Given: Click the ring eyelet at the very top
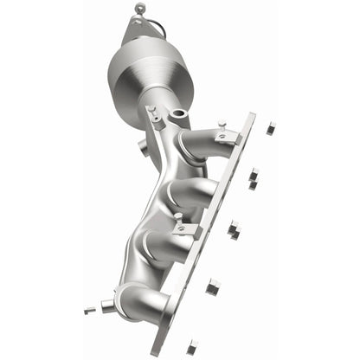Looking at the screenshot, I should click(x=139, y=9).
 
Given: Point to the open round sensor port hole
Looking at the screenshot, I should click(x=179, y=113).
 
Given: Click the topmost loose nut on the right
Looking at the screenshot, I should click(x=271, y=127).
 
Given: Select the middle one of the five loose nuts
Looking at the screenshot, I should click(x=234, y=229).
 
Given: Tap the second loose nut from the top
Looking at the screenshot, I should click(x=253, y=177).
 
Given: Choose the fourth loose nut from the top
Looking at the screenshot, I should click(x=214, y=285).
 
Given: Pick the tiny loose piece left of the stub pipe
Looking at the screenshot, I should click(x=87, y=309).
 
